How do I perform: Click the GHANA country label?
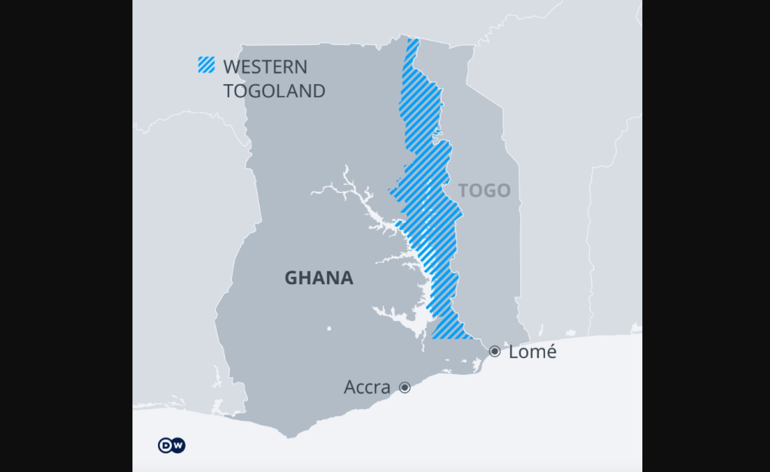coord(319,278)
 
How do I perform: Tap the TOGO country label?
coord(484,191)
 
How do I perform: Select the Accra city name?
coord(367,387)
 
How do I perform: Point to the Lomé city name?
coord(532,352)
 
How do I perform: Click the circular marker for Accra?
coord(405,387)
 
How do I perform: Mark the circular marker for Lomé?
coord(495,351)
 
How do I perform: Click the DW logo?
coord(171,445)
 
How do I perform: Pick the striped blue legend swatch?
coord(206,65)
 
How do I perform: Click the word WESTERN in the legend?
coord(265,67)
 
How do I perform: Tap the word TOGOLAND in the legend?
coord(274,91)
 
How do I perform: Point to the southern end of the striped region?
coord(449,331)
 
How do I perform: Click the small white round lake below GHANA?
coord(329,328)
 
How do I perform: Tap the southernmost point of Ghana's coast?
coord(289,437)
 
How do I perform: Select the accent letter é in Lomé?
coord(550,352)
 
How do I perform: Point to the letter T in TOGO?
coord(463,191)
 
